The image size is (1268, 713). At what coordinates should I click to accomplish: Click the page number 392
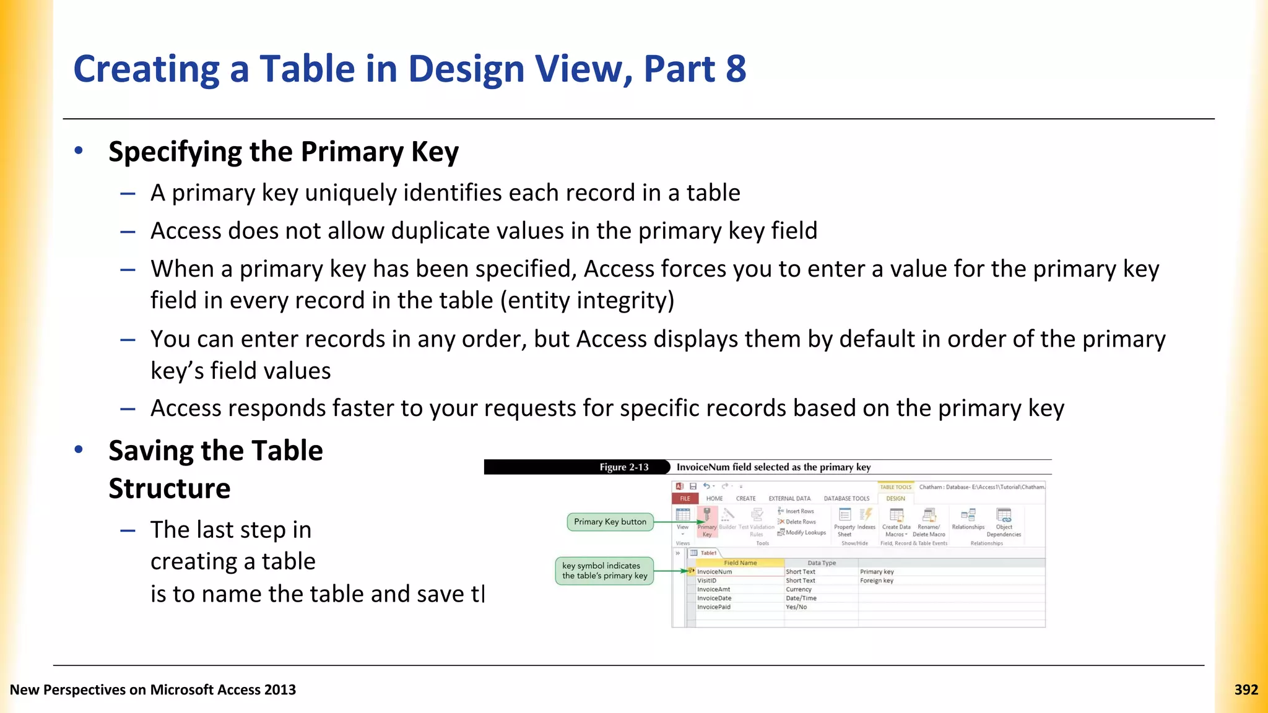tap(1246, 689)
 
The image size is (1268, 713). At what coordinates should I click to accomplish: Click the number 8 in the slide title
tap(736, 69)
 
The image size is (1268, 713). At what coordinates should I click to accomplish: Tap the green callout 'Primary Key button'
tap(610, 522)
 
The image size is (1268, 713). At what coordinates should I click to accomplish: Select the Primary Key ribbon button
tap(706, 522)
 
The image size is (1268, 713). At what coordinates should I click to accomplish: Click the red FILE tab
tap(685, 498)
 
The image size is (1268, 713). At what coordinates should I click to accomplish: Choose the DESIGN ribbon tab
tap(895, 498)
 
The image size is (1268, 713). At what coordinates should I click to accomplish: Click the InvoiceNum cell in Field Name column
tap(714, 572)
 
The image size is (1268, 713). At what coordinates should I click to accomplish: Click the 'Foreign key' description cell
tap(876, 581)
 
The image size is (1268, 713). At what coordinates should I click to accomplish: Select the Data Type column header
tap(821, 563)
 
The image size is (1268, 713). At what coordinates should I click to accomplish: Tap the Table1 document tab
tap(708, 553)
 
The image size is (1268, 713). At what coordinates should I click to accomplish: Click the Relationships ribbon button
tap(968, 519)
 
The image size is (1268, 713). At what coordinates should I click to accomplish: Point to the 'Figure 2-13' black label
tap(623, 467)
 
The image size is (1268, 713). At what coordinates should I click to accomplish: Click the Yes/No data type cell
tap(796, 607)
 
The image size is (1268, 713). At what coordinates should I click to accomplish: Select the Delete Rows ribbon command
tap(799, 522)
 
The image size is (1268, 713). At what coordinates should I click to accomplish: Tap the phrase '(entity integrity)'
tap(587, 301)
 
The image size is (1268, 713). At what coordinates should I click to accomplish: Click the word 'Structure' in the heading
tap(169, 488)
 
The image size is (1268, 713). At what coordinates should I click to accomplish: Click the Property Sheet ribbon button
tap(845, 522)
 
